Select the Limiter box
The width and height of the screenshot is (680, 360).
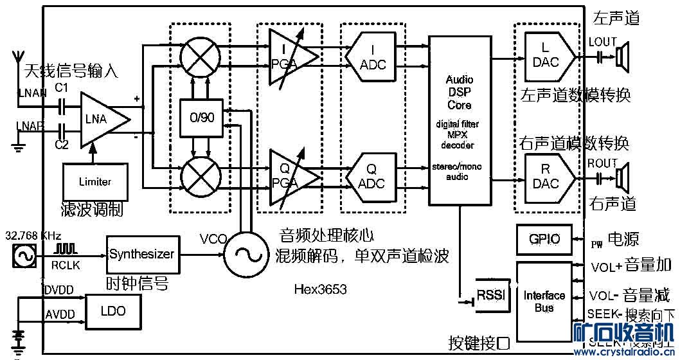pos(95,181)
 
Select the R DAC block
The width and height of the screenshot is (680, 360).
pos(546,176)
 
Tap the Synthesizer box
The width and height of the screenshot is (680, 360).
pos(141,254)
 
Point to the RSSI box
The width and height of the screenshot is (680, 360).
pos(492,295)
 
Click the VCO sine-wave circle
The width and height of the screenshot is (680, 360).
pos(246,255)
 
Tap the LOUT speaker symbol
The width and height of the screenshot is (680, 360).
pos(622,57)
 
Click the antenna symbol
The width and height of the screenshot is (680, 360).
pos(17,64)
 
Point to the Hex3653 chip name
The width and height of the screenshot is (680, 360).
pos(326,289)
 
